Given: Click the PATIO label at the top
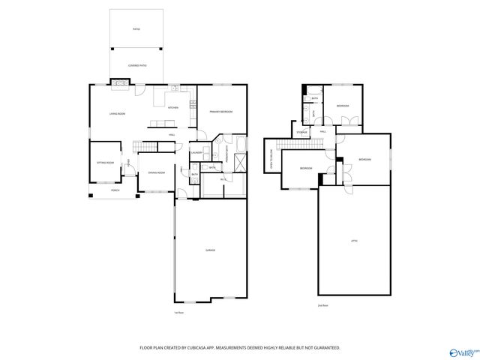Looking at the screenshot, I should (x=136, y=28).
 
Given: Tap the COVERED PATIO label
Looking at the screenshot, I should (x=136, y=66).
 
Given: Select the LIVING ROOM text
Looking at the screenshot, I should (x=117, y=114).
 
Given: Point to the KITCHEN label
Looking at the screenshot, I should (x=172, y=108).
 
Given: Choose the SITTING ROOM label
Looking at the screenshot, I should (x=105, y=163).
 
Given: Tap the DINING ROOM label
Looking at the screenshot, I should (x=156, y=173).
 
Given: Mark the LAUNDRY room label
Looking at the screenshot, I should (x=197, y=153).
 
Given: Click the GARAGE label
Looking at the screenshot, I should (x=211, y=249).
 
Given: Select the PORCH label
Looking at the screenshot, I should (x=115, y=190).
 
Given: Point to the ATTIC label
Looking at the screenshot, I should (x=355, y=241).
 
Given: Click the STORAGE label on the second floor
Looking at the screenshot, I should (x=301, y=133).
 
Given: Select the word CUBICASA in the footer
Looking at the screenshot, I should (x=199, y=348).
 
